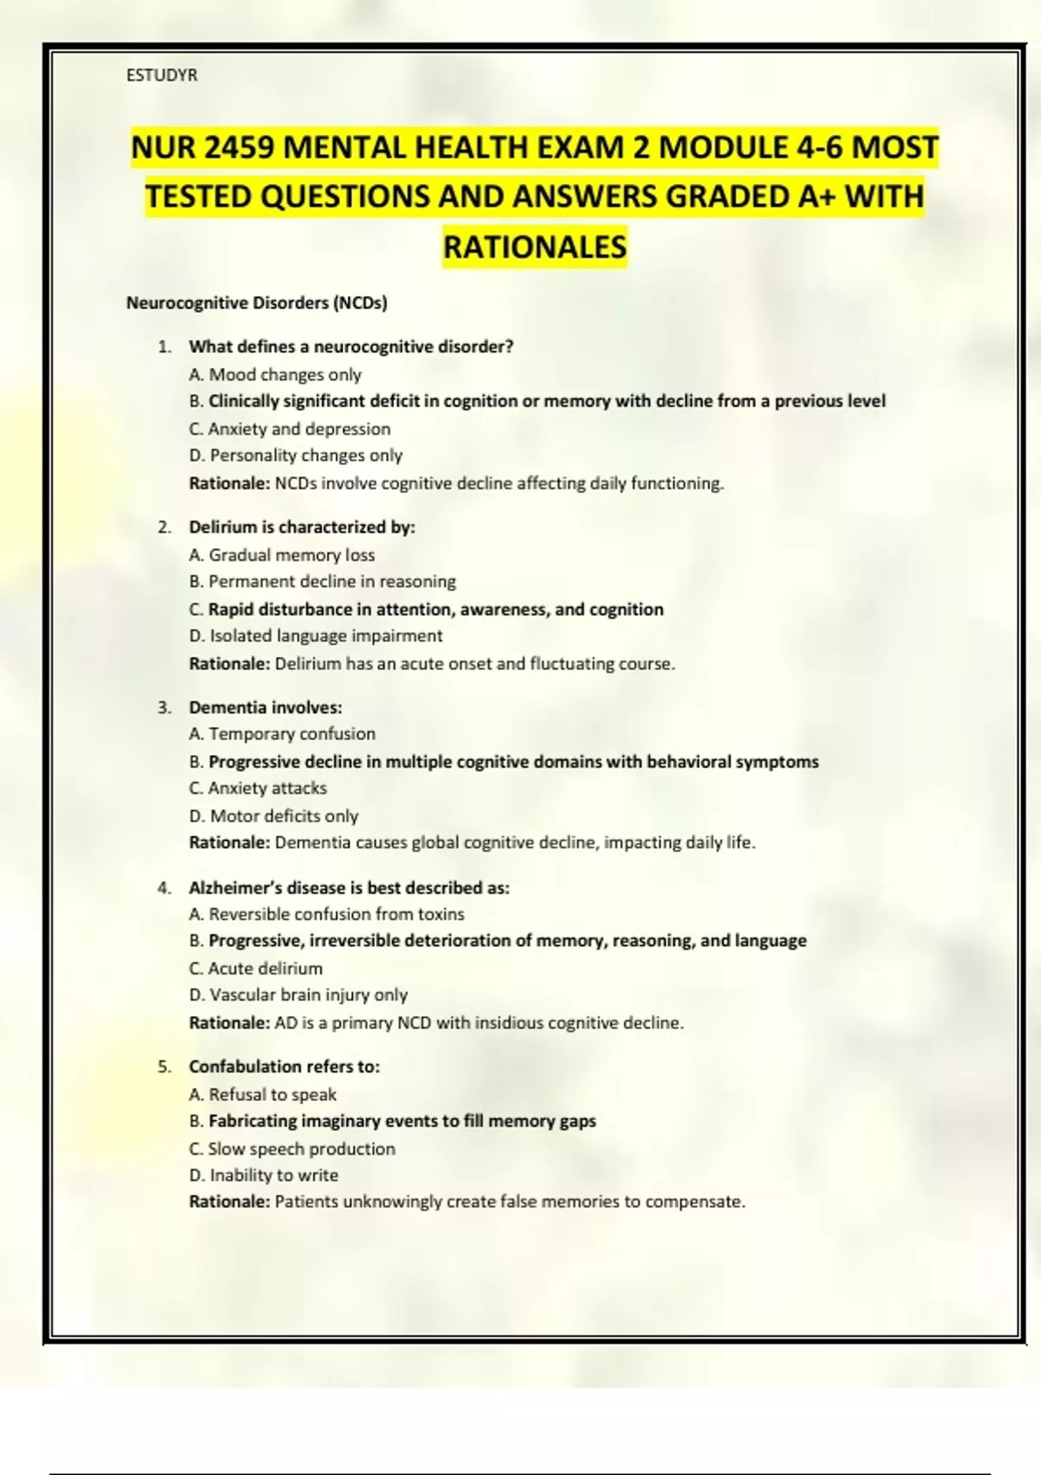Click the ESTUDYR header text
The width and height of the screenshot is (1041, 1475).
coord(162,75)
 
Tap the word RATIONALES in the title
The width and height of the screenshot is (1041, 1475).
coord(534,247)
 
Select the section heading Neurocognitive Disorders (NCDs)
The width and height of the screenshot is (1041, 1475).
coord(257,303)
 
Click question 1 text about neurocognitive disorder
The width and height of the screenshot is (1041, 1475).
coord(351,347)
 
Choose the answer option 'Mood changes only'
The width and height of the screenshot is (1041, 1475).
coord(275,375)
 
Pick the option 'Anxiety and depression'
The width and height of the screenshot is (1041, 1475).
coord(290,429)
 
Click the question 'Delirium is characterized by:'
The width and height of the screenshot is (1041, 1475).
coord(302,528)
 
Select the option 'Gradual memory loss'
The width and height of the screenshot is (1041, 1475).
coord(282,555)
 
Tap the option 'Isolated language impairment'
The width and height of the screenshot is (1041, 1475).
coord(316,636)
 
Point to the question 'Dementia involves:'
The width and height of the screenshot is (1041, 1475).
coord(265,708)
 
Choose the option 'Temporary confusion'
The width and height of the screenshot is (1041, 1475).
coord(282,734)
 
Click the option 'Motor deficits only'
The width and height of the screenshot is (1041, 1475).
coord(274,816)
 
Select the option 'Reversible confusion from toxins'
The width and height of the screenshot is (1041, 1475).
coord(326,914)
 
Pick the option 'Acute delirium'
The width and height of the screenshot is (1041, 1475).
coord(256,968)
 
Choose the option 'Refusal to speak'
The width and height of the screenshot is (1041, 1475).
coord(263,1095)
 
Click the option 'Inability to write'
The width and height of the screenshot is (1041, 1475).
coord(264,1176)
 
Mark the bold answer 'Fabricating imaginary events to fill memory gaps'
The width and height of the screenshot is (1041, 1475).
coord(402,1121)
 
